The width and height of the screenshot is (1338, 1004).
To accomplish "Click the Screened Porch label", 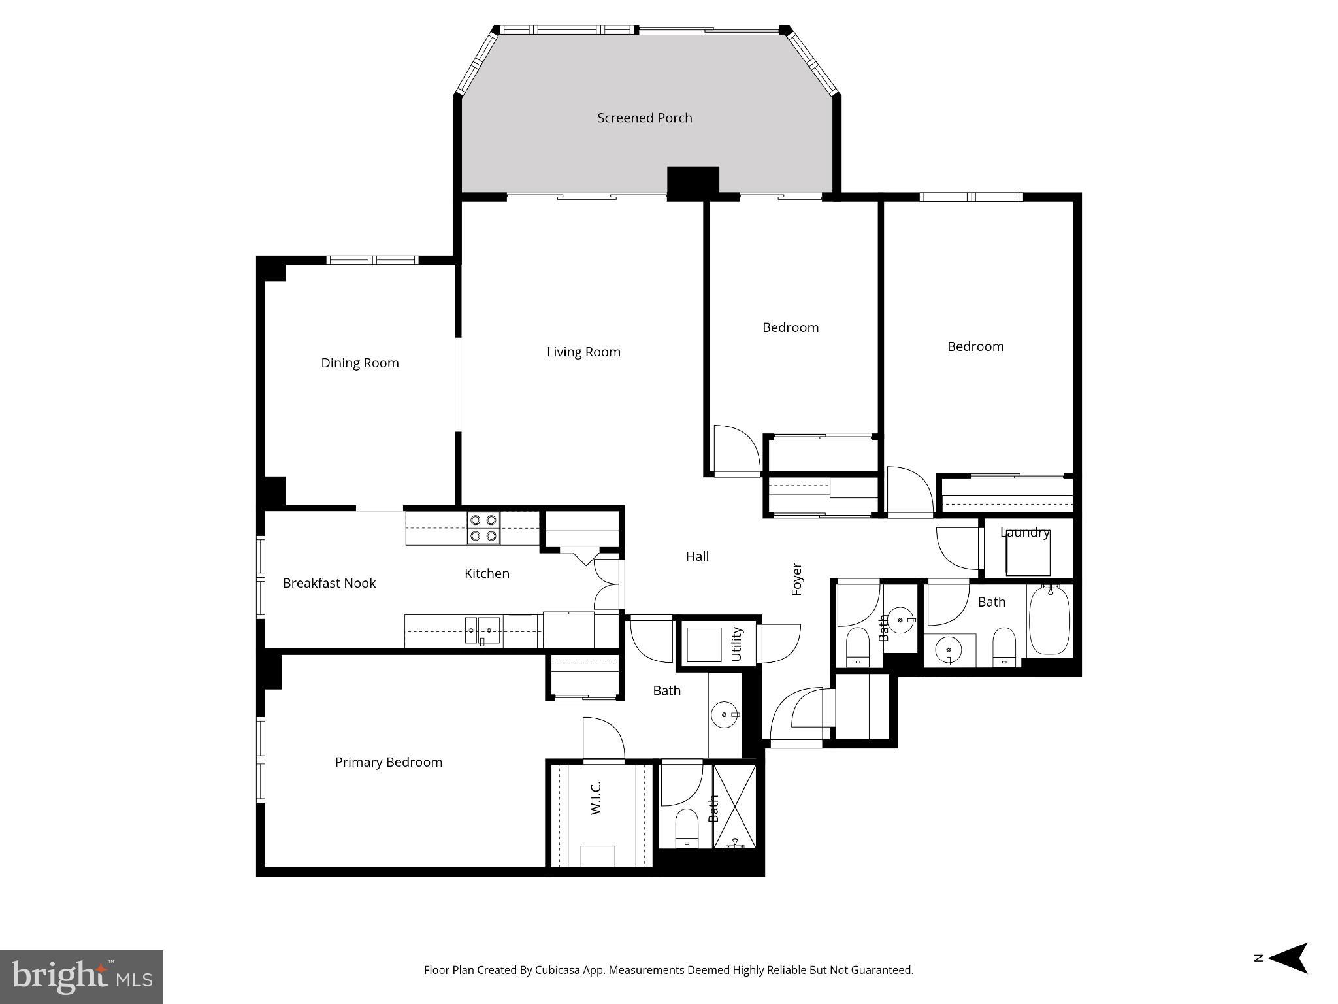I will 644,118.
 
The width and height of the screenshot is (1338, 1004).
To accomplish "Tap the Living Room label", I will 583,352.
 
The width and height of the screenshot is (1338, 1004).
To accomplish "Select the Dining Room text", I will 359,363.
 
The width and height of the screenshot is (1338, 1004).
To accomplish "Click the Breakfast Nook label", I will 329,583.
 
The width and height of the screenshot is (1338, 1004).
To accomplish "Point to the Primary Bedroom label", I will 388,762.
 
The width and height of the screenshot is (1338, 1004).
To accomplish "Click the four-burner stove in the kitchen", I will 483,528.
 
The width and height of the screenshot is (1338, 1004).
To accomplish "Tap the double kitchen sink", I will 482,631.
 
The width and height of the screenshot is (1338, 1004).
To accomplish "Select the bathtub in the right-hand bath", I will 1049,620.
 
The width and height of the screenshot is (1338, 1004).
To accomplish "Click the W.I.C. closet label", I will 596,798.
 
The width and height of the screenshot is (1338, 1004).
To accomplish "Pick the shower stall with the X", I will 734,807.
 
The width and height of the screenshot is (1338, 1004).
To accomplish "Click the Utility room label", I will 737,643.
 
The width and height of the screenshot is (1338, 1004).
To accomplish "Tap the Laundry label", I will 1024,533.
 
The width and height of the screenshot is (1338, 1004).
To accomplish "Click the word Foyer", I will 796,578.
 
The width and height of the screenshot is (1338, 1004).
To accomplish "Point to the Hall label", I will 697,556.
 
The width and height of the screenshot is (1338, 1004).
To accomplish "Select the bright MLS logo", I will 82,977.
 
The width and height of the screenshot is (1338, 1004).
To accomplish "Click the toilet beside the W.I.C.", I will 687,828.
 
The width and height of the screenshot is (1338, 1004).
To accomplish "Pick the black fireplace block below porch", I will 693,182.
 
